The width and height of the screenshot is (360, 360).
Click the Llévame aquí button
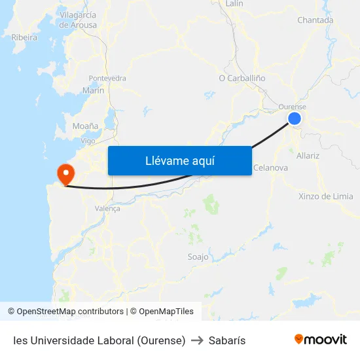(x=179, y=160)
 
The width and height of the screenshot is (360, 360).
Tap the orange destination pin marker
(x=66, y=173)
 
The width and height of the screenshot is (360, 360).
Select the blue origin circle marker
(x=295, y=118)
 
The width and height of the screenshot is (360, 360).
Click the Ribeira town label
(x=24, y=37)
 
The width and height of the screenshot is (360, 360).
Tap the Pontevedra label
(x=107, y=78)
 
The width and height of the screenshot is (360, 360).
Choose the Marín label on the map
(x=93, y=91)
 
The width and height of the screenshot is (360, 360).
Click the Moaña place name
(x=86, y=126)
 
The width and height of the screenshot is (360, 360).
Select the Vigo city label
(x=88, y=141)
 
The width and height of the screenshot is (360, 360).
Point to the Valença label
(x=107, y=208)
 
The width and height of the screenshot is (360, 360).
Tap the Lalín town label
(x=234, y=4)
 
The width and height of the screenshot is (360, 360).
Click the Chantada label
(x=315, y=20)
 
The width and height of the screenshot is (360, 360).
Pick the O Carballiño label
(x=242, y=77)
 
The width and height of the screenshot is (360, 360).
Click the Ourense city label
(x=292, y=107)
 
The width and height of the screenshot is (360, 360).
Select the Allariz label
(x=308, y=156)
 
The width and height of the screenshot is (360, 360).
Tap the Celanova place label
(x=270, y=168)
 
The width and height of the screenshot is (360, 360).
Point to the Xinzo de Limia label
(x=325, y=196)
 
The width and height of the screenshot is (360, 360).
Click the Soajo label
(x=198, y=257)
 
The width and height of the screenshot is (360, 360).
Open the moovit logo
(x=320, y=339)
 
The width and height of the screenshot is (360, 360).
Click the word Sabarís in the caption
(x=226, y=340)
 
